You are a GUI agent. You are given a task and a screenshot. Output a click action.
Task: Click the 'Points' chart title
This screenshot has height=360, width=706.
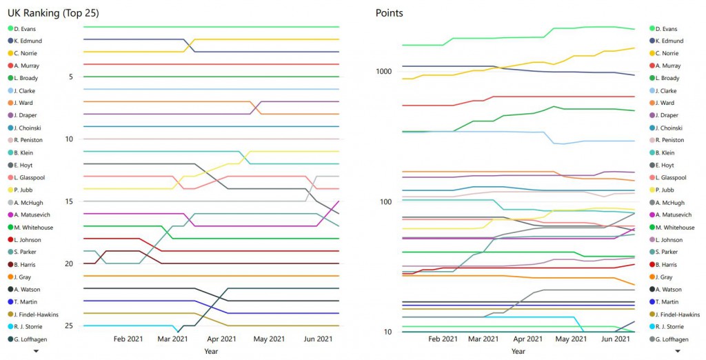tap(390, 12)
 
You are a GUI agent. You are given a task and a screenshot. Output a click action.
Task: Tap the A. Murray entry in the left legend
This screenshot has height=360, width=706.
tap(26, 66)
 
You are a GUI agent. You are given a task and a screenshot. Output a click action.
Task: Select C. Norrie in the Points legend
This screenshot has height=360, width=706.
tap(667, 53)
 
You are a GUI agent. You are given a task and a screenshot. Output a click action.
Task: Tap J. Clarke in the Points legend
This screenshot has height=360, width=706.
tap(666, 90)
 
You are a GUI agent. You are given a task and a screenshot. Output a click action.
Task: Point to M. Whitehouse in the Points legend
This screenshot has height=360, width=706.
tap(674, 228)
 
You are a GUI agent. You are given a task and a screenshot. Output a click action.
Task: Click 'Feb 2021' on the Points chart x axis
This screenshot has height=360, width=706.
tap(443, 339)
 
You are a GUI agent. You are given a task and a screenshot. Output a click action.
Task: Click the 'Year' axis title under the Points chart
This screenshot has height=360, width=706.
tap(518, 351)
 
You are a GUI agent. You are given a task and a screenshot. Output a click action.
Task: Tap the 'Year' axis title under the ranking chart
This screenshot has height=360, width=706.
tap(211, 351)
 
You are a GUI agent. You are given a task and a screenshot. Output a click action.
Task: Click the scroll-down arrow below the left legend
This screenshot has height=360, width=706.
tap(36, 351)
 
